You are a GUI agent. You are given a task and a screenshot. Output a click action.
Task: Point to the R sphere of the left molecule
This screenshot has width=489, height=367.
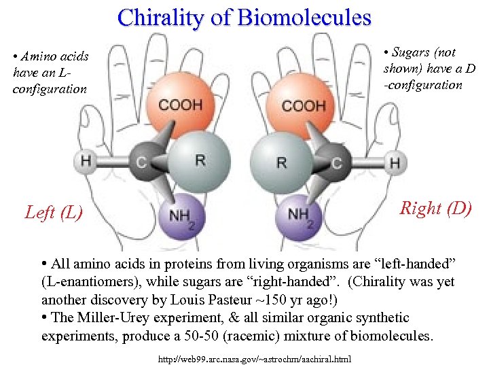198,161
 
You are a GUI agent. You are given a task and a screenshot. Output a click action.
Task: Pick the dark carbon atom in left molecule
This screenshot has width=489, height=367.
141,161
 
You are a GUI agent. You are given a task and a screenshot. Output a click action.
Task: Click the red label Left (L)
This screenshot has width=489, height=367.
54,213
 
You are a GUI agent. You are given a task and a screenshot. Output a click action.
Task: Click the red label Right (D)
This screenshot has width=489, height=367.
435,208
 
